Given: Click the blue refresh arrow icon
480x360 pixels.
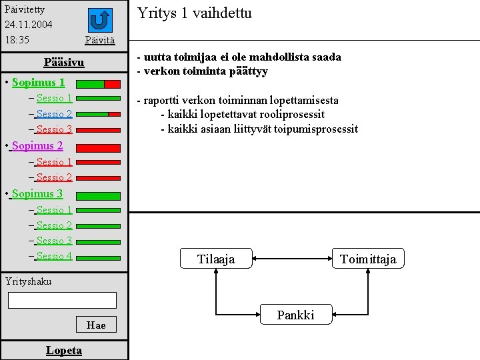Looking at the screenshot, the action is coord(100,20).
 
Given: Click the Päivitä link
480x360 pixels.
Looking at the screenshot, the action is coord(100,41).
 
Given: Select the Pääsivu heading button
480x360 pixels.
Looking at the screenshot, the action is coord(64,63).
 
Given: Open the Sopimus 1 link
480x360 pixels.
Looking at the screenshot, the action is coord(38,83).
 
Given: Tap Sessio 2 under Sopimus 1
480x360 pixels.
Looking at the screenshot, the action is coord(54,114).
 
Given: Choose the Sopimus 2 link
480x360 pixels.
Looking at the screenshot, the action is coord(37,145).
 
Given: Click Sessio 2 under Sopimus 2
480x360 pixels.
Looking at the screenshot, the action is coord(54,177).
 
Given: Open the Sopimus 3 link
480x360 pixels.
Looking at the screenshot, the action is coord(37,193).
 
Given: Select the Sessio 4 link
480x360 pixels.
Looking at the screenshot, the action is coord(54,256).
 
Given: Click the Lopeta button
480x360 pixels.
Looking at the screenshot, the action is coord(64,350).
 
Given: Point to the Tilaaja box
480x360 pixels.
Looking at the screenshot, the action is coord(216,259).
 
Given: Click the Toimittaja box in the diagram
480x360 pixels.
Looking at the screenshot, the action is coord(368,259).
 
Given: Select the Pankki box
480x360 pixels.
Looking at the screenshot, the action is coord(295,315).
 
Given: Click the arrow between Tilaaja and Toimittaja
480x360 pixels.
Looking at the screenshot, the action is coord(292,259).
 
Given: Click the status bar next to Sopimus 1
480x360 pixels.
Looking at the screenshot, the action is coord(98,85).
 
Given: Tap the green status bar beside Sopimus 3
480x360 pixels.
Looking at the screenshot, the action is coord(98,196).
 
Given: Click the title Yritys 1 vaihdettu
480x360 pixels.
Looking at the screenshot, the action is coord(195,13).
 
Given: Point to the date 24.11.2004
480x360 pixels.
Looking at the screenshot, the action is coord(28,25).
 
